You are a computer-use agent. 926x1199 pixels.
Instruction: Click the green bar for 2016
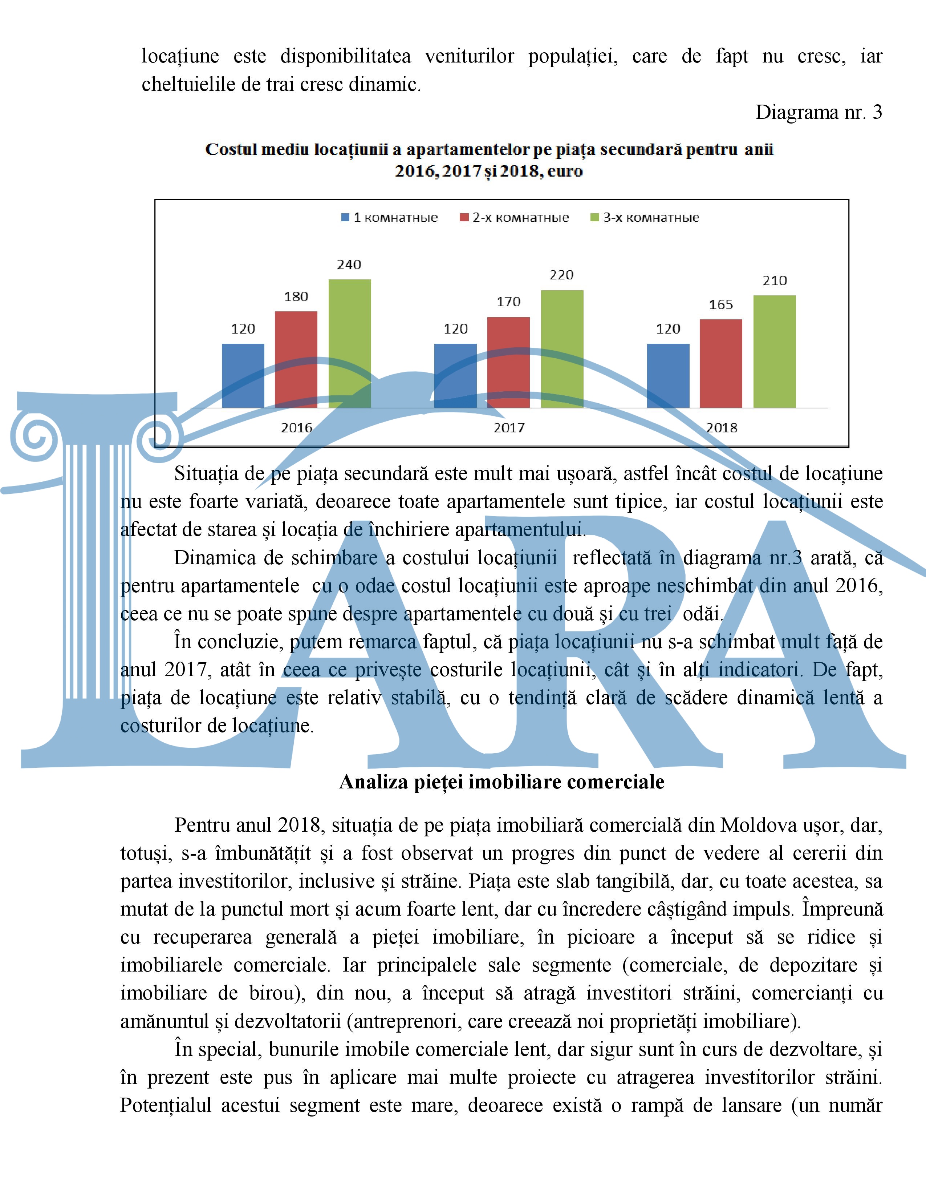click(x=349, y=343)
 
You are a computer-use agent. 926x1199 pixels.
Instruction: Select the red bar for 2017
click(x=508, y=362)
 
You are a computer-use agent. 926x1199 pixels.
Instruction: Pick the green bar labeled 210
click(x=774, y=351)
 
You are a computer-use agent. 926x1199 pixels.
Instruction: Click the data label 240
click(x=349, y=265)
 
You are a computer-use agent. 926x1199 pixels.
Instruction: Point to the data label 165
click(x=721, y=305)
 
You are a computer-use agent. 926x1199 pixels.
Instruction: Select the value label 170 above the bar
click(x=508, y=302)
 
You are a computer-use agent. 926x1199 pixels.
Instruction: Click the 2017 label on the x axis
click(x=509, y=428)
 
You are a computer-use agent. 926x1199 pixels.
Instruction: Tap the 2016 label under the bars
click(x=296, y=428)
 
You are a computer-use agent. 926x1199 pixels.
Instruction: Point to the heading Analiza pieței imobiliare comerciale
click(x=501, y=782)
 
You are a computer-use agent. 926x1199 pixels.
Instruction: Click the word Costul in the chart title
click(x=230, y=150)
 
